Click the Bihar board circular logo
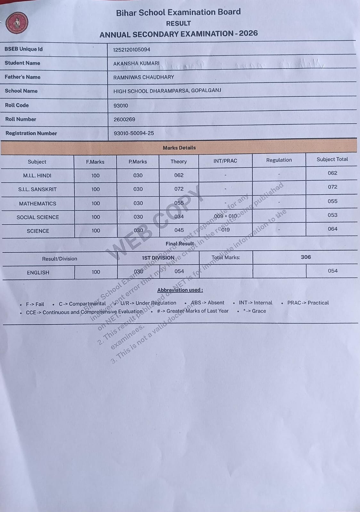[17, 23]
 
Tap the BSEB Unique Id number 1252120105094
[132, 50]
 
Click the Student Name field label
[22, 63]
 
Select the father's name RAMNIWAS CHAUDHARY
[143, 77]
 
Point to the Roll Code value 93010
[121, 106]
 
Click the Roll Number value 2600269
[124, 119]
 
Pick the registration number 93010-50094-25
[134, 133]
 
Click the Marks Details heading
[179, 148]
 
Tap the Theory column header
[178, 162]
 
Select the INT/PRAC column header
[225, 161]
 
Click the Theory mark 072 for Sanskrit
[179, 189]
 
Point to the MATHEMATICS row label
[37, 204]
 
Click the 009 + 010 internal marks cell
[225, 216]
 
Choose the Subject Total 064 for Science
[332, 229]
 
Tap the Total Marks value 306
[306, 257]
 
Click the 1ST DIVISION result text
[158, 258]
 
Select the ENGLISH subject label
[38, 273]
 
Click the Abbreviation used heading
[180, 290]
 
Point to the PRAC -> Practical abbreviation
[308, 303]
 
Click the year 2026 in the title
[248, 33]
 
